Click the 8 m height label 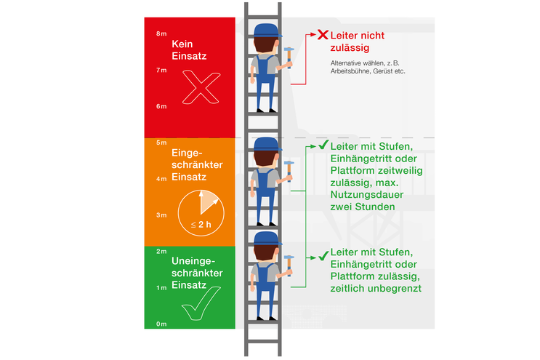(x=161, y=34)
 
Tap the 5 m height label (x=161, y=143)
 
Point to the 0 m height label (x=161, y=324)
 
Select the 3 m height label (x=161, y=215)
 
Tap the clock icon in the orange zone (x=201, y=210)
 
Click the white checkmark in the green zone (x=201, y=303)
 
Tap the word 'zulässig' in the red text (x=350, y=48)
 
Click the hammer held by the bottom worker (x=289, y=260)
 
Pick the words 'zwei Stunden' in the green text (x=362, y=207)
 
